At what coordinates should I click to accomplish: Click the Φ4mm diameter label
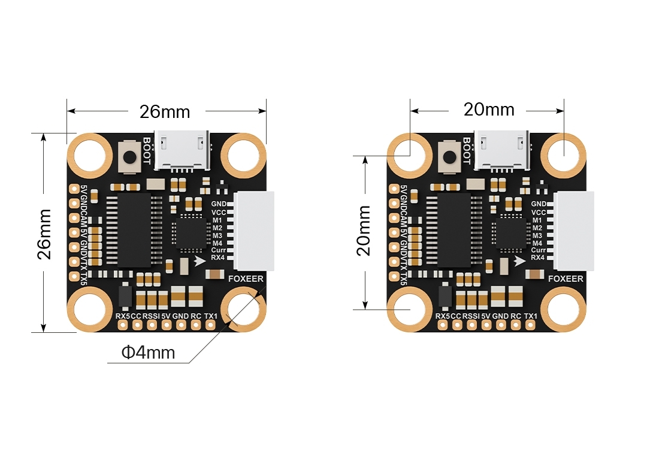(x=148, y=352)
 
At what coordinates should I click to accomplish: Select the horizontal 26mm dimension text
(x=164, y=111)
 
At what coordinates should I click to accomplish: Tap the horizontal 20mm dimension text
(x=489, y=110)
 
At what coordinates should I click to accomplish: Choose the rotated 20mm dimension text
(x=364, y=230)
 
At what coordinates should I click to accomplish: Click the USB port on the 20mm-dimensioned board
(x=503, y=150)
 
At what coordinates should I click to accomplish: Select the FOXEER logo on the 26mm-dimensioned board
(x=246, y=278)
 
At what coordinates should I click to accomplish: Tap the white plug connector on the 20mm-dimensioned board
(x=574, y=231)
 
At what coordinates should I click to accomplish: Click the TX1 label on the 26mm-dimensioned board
(x=210, y=315)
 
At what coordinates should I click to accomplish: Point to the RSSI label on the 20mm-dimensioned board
(x=471, y=315)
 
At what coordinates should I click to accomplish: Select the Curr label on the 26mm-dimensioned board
(x=219, y=250)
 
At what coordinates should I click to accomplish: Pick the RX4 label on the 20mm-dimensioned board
(x=538, y=257)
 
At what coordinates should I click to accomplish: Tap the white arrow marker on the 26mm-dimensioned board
(x=200, y=260)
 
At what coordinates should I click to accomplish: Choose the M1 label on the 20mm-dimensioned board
(x=537, y=220)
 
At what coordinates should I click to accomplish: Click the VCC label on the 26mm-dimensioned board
(x=219, y=212)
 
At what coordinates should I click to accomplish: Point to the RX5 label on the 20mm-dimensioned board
(x=442, y=315)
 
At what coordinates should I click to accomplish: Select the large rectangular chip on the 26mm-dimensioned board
(x=131, y=229)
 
